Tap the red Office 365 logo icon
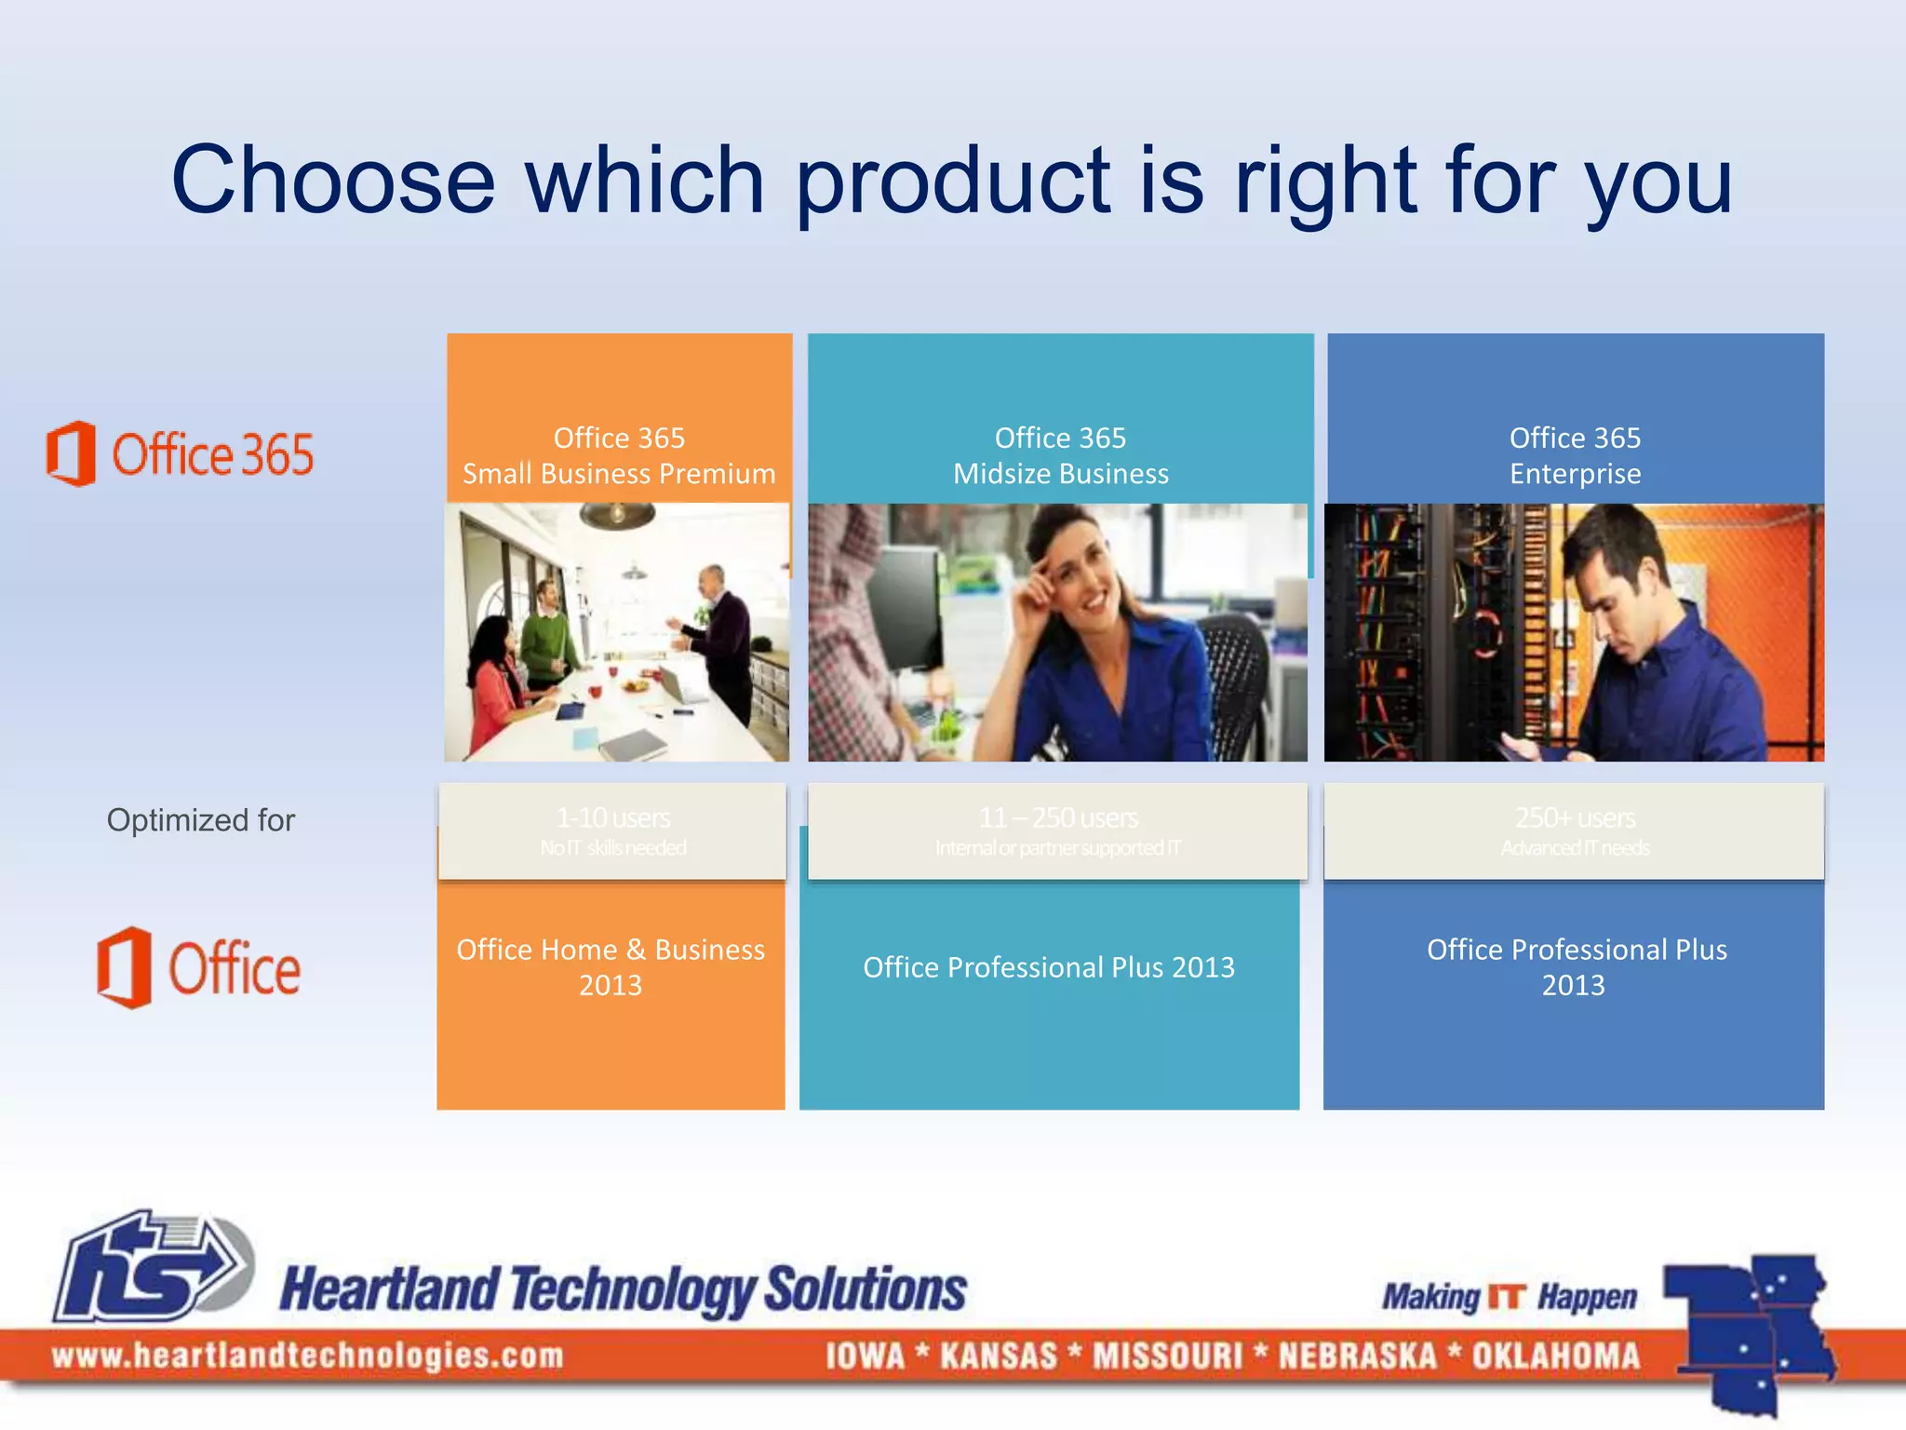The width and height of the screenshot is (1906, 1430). [72, 453]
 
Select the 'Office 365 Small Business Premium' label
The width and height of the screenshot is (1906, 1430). [619, 456]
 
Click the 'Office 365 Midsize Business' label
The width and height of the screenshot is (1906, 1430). [1060, 456]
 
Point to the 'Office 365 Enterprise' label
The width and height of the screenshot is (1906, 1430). [1575, 456]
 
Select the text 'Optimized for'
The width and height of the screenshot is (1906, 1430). [200, 820]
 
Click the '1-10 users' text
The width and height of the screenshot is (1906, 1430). [612, 818]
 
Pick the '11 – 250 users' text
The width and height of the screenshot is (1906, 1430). [1058, 818]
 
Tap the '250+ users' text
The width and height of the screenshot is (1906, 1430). [1575, 818]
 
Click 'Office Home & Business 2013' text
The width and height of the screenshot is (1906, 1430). [611, 967]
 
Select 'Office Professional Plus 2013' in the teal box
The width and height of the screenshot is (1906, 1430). [1049, 967]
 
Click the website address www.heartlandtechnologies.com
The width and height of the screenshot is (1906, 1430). [307, 1356]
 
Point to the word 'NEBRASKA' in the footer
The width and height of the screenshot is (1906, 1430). [1357, 1356]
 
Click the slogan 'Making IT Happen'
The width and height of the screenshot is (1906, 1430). [1509, 1297]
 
